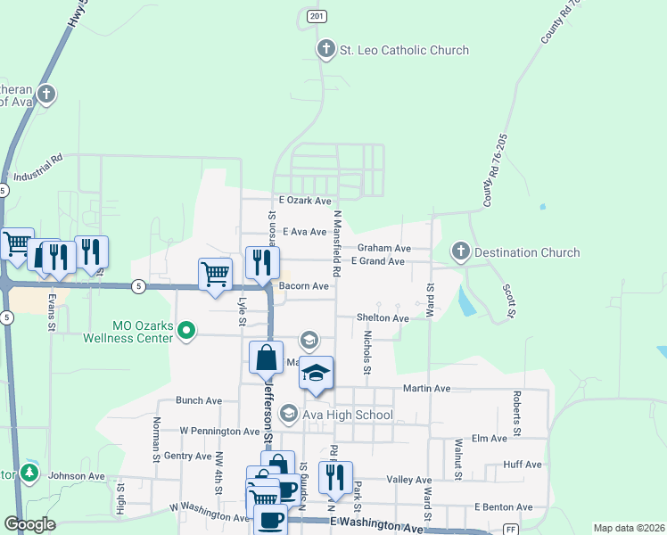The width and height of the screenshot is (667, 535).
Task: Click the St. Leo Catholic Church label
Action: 404,50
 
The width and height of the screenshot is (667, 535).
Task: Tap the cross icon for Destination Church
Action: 460,252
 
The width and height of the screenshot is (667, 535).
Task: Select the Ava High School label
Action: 349,415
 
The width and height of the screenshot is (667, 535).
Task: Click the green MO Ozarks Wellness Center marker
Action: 185,331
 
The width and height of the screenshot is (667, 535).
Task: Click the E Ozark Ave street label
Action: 304,202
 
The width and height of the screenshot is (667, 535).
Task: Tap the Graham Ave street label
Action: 383,248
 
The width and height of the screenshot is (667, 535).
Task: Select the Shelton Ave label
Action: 383,317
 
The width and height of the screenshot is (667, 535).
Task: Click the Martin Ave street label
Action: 426,388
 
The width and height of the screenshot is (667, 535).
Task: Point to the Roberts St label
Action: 516,408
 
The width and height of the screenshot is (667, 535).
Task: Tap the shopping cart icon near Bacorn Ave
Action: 216,275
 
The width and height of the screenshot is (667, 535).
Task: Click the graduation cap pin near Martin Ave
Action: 316,373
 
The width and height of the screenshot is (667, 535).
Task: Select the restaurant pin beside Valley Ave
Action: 335,477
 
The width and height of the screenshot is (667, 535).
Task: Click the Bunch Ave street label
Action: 198,400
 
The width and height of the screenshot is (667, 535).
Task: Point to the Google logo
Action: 29,524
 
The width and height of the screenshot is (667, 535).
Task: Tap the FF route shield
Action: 511,528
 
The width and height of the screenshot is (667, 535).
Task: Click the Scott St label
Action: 509,301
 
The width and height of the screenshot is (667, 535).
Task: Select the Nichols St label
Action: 366,352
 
